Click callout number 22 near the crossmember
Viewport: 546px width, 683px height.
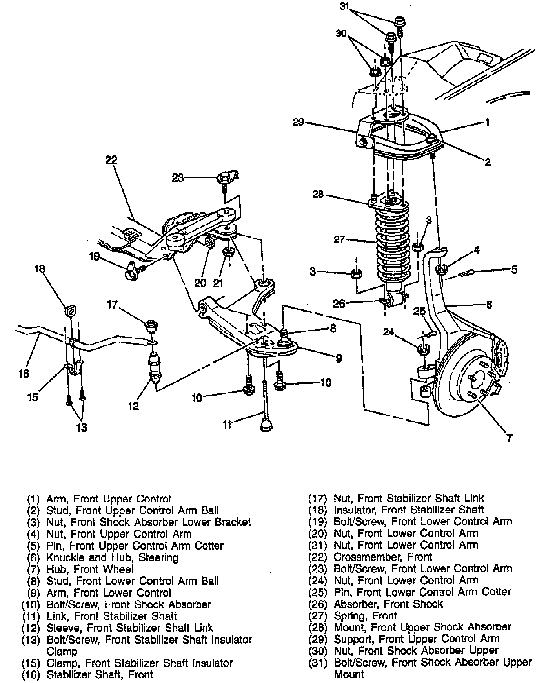[x=111, y=160]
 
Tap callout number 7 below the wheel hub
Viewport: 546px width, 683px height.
[x=509, y=438]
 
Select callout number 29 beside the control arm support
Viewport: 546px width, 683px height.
[x=299, y=122]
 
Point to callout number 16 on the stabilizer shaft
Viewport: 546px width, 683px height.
[x=24, y=373]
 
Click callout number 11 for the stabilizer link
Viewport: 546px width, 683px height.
[x=227, y=425]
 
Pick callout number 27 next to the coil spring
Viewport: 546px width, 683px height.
[x=340, y=239]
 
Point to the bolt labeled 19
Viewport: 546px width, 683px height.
[x=131, y=272]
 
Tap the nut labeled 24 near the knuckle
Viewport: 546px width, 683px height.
[x=423, y=349]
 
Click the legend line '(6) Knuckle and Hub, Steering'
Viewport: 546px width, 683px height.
[x=102, y=558]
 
